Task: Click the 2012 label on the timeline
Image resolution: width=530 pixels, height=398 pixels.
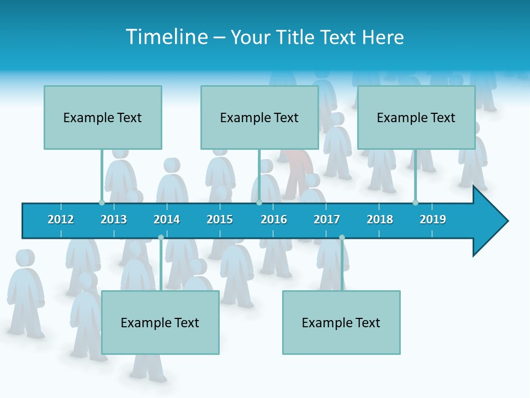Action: [x=61, y=219]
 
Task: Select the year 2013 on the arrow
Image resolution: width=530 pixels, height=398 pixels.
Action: [x=114, y=219]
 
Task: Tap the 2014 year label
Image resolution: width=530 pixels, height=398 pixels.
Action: [x=167, y=219]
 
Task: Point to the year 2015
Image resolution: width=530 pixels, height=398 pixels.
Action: [x=220, y=219]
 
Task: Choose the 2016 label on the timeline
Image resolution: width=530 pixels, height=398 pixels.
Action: [x=274, y=219]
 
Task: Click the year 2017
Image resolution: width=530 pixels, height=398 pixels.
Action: [x=327, y=219]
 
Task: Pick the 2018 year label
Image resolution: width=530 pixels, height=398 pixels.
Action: [x=380, y=219]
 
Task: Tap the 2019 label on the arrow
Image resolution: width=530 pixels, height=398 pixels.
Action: [x=433, y=219]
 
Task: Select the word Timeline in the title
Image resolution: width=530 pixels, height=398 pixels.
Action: [x=166, y=37]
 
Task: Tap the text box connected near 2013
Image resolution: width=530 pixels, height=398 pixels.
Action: [x=103, y=117]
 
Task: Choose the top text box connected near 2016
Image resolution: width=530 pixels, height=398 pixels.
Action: [x=259, y=117]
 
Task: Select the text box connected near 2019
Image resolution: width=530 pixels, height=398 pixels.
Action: [x=416, y=117]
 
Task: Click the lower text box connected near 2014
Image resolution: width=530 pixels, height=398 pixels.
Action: [x=160, y=322]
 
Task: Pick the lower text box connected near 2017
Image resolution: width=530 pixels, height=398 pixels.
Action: [x=341, y=322]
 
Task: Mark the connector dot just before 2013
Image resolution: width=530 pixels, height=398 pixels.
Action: [x=102, y=202]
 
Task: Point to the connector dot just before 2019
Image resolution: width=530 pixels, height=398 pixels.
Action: [x=415, y=202]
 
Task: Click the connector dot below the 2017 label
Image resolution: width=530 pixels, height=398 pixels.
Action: [x=342, y=237]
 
